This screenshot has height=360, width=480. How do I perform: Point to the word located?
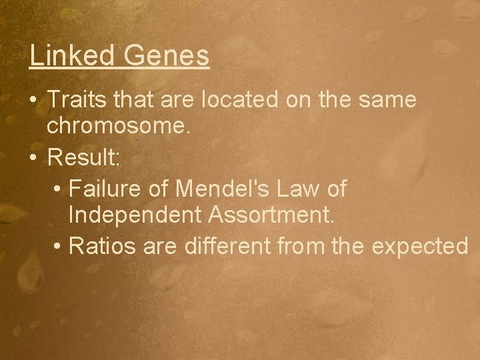[235, 101]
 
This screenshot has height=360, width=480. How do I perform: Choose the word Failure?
[107, 189]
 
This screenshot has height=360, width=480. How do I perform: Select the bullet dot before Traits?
[33, 101]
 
